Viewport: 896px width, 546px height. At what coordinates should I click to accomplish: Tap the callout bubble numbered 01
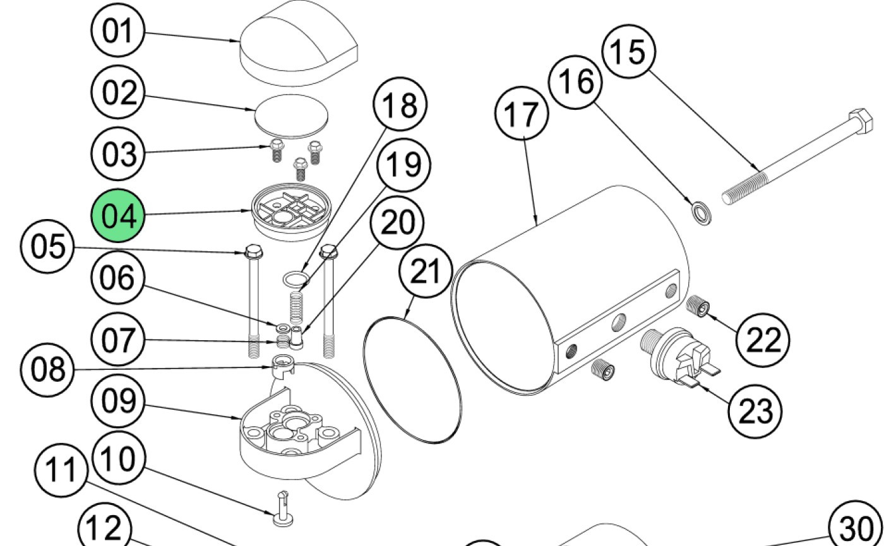[x=119, y=31]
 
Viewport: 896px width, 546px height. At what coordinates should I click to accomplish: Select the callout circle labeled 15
[x=630, y=52]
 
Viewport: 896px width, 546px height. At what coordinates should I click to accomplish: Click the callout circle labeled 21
[x=426, y=272]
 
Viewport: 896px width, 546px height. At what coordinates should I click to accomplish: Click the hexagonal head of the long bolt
[x=861, y=120]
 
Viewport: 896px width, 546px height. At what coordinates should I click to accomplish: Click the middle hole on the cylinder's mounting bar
[x=621, y=320]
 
